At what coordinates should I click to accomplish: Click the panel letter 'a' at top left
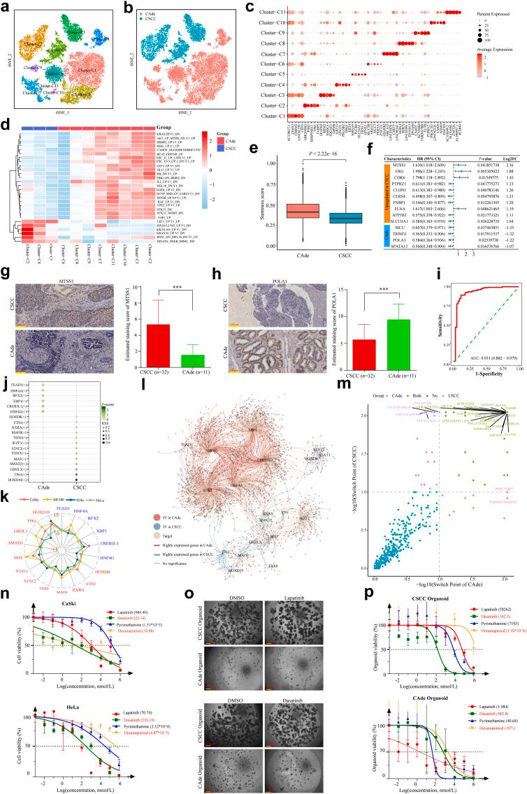tap(5, 6)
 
